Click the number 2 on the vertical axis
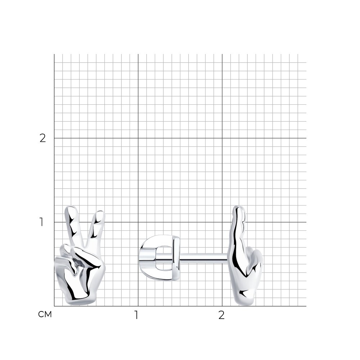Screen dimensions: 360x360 pos(43,138)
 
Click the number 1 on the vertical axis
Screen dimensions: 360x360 pos(41,222)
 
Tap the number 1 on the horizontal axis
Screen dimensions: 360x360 pos(136,315)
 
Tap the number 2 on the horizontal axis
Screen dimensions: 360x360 pos(221,315)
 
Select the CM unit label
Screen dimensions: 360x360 pos(45,314)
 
